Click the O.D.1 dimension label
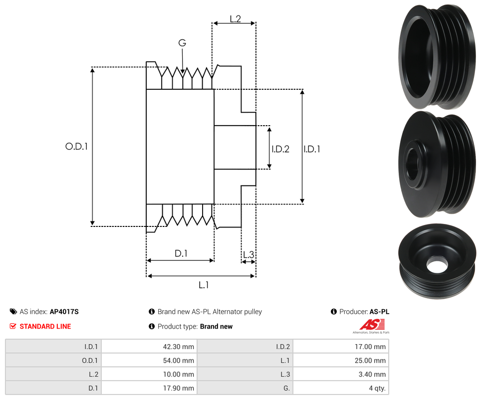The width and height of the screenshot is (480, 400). point(76,147)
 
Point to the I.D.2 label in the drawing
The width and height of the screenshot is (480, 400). point(280,149)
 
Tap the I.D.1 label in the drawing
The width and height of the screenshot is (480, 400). point(312,149)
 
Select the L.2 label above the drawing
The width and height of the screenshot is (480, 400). point(235,19)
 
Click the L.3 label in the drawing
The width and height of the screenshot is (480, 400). point(248,255)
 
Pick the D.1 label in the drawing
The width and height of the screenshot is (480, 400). point(181,253)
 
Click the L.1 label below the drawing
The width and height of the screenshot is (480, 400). point(203,285)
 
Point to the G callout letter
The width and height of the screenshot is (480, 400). point(182,43)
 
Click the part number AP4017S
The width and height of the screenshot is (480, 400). point(64,312)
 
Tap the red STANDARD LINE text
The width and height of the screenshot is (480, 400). point(45,326)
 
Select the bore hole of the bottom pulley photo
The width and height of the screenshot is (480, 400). point(437,264)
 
